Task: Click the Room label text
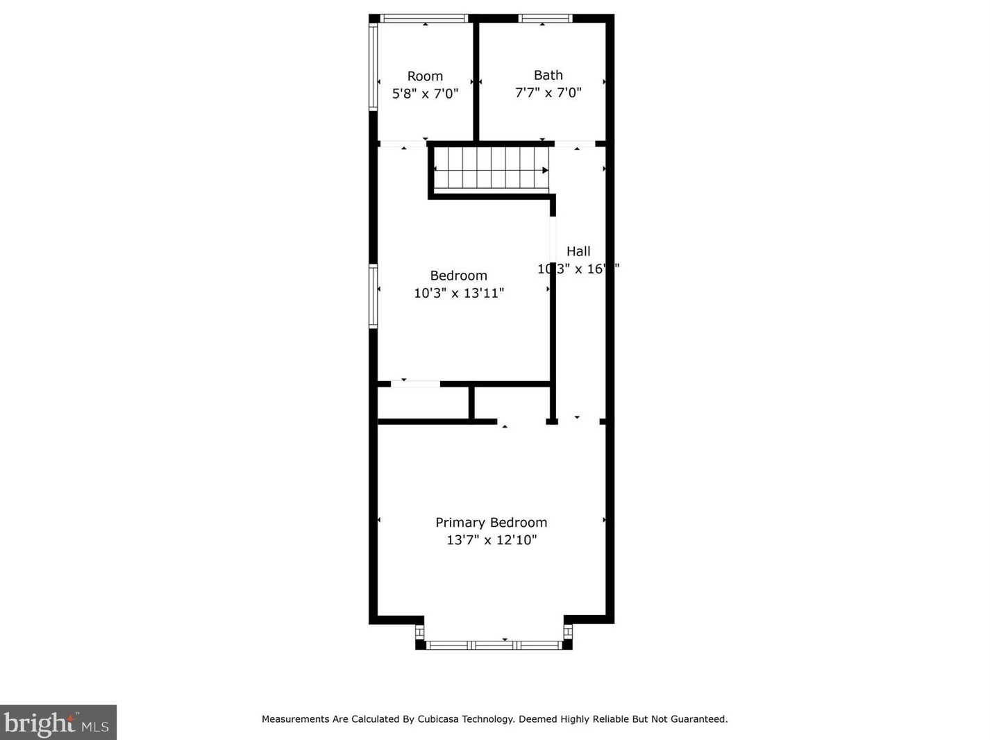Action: coord(425,76)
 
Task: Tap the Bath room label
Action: coord(548,75)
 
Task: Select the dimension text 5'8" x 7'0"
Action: coord(425,94)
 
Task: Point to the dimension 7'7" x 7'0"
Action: coord(548,92)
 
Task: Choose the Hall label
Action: coord(578,251)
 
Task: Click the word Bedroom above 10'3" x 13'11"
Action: coord(458,276)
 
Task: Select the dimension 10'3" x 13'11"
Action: coord(458,293)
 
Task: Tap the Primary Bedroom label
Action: coord(491,523)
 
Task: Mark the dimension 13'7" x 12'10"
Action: coord(491,540)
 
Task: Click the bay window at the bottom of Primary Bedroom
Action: coord(494,645)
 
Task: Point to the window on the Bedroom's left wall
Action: coord(374,296)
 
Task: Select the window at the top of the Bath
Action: coord(545,19)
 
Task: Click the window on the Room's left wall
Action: coord(374,66)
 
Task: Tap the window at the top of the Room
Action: coord(424,19)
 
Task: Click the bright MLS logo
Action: coord(58,723)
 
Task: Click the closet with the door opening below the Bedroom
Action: coord(423,403)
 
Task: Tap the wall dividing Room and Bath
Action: coord(476,80)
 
